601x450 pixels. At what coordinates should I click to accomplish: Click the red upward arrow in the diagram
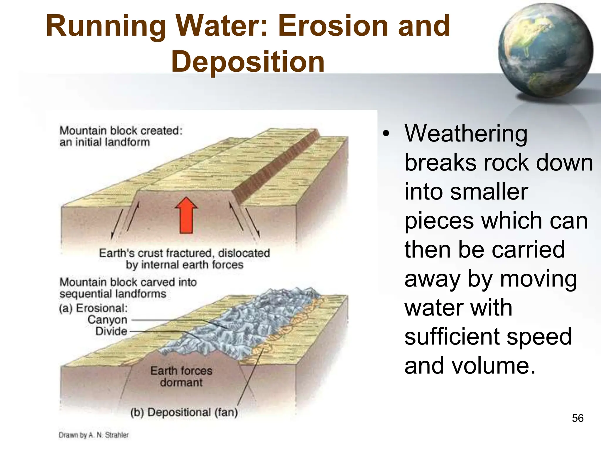[186, 215]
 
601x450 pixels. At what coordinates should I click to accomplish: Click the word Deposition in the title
[248, 62]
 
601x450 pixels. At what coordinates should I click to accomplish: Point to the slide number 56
[578, 418]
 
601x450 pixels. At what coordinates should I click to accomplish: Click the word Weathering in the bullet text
[466, 134]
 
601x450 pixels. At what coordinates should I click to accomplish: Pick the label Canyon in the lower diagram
[107, 320]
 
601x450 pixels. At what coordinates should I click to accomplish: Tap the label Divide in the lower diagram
[111, 331]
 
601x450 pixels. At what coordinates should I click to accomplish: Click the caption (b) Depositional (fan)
[184, 412]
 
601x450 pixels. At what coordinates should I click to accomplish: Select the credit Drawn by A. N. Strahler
[94, 435]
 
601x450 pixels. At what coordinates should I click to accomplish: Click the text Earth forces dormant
[181, 376]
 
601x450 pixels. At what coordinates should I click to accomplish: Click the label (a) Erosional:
[94, 308]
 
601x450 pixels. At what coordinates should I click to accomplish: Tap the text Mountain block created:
[121, 131]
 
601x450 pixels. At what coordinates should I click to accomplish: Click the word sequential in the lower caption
[84, 294]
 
